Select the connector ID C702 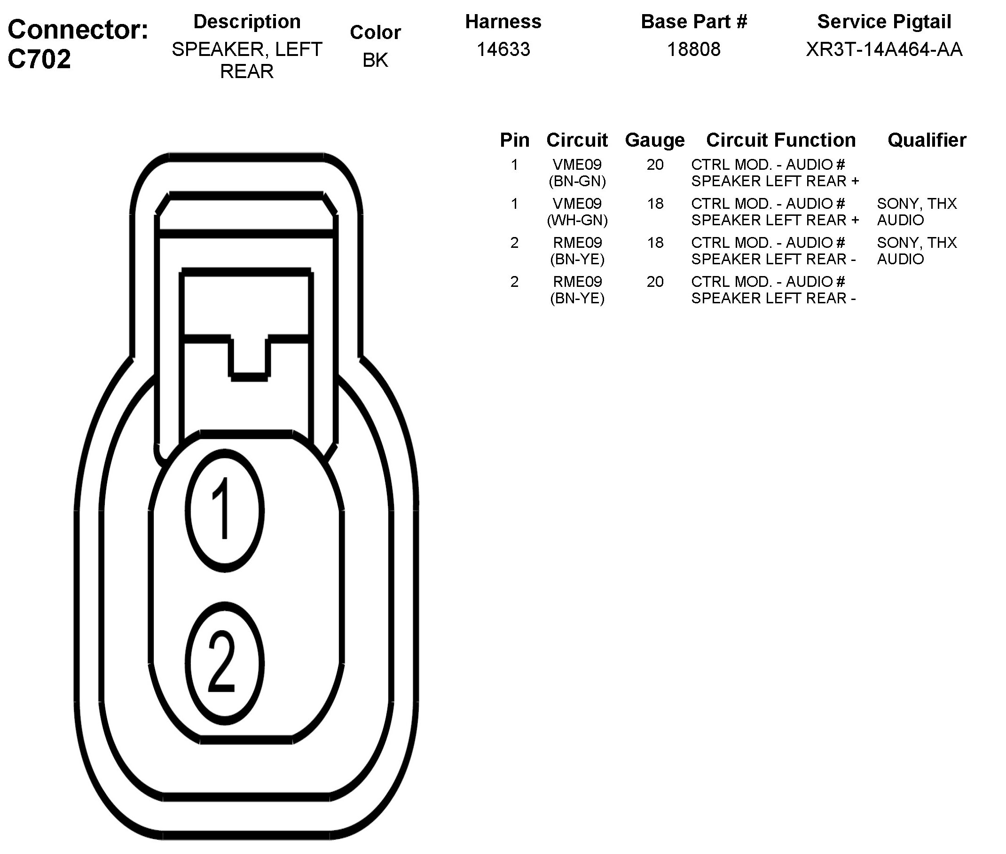39,59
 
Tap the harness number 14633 503,49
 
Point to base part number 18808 693,49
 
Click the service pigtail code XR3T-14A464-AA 884,49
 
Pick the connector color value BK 376,60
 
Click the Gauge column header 655,141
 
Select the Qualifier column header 927,140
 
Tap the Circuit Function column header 780,140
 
